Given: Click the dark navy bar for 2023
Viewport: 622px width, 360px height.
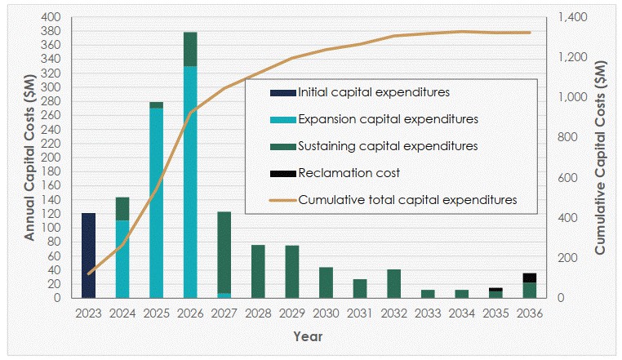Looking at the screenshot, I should (x=88, y=256).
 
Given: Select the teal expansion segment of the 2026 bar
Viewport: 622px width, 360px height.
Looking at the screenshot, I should (x=190, y=182).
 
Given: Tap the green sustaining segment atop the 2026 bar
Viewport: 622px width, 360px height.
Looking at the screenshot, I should (x=190, y=49).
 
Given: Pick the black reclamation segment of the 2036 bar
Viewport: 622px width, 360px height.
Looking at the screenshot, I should (x=530, y=278).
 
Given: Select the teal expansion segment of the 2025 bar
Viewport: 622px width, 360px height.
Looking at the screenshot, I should (x=156, y=202).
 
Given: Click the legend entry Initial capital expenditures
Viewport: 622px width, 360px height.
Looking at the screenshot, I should (x=362, y=92).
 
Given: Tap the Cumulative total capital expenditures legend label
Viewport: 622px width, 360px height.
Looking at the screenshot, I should (x=408, y=198).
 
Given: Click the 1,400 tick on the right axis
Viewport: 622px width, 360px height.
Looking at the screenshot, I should (x=570, y=17).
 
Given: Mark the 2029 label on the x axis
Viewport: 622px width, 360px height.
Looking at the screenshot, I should (x=292, y=313).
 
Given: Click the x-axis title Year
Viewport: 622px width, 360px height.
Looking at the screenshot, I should (x=309, y=336).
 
